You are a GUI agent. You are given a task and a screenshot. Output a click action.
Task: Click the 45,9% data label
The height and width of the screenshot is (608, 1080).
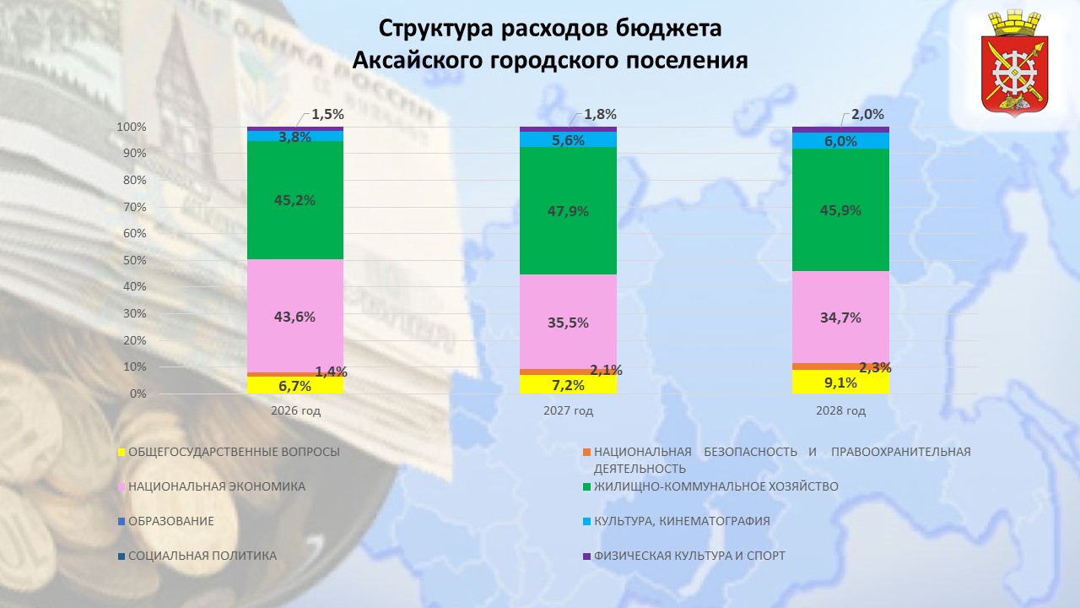840,210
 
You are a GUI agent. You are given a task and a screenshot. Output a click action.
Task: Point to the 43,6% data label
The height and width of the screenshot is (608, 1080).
294,318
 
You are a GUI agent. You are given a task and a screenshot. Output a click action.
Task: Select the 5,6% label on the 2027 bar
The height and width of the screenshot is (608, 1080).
568,141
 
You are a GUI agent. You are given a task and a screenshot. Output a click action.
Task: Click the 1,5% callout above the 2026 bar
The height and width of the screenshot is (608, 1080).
327,114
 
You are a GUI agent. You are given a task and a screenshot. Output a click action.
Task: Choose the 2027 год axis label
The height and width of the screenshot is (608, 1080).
568,411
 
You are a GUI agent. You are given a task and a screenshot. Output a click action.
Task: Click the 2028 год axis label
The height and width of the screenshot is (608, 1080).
840,411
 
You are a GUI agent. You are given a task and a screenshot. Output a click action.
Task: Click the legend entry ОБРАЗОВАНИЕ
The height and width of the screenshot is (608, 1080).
171,521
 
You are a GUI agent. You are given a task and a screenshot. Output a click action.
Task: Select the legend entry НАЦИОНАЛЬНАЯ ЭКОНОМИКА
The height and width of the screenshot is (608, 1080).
217,486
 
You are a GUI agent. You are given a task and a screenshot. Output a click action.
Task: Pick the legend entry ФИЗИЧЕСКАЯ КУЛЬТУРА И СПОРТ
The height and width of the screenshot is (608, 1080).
689,556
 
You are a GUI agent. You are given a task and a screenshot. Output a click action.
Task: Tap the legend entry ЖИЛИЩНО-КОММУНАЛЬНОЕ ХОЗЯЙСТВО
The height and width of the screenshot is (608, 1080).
716,486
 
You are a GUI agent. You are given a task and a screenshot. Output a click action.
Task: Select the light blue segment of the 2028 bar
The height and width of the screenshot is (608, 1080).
840,141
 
